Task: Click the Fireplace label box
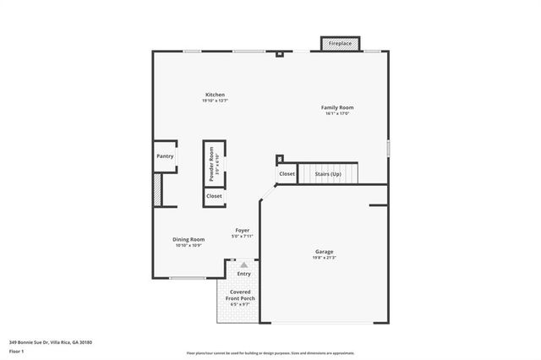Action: [x=340, y=42]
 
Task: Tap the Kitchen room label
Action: [x=215, y=94]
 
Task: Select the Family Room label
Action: [x=336, y=107]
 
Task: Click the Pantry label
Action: [x=165, y=156]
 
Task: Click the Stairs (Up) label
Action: [x=328, y=174]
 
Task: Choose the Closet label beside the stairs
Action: [x=287, y=174]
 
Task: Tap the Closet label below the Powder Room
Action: [x=215, y=196]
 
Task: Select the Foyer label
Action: [x=242, y=230]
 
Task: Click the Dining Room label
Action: [x=189, y=239]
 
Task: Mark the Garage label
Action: [x=325, y=251]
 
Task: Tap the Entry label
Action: [x=243, y=274]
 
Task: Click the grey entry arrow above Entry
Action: [x=243, y=265]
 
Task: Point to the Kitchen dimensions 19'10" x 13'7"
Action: [x=215, y=101]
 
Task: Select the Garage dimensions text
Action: [x=325, y=258]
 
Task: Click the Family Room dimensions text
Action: [x=336, y=114]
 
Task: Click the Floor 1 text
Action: [x=16, y=351]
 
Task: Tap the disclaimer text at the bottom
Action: [x=270, y=352]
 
